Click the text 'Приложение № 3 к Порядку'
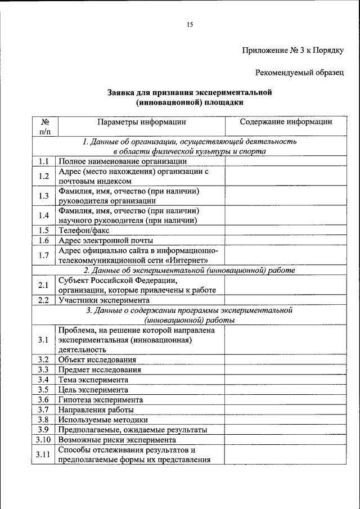click(x=292, y=50)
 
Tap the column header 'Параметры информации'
click(x=141, y=121)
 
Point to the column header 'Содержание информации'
click(x=286, y=121)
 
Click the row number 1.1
click(x=44, y=161)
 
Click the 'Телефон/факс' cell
click(x=84, y=230)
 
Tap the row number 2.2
click(x=44, y=300)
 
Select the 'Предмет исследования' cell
click(x=99, y=370)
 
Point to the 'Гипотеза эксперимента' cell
click(x=100, y=400)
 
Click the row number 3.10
click(x=44, y=440)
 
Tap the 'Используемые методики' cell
click(x=103, y=420)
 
